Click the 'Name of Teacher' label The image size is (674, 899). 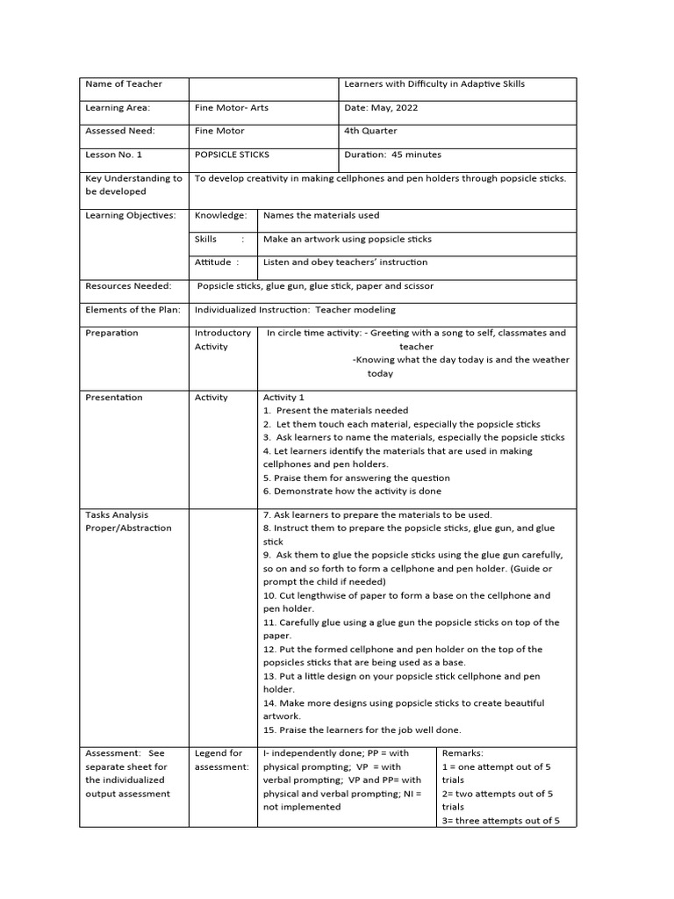coord(123,84)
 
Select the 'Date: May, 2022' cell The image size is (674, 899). coord(381,108)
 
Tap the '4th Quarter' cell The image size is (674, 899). coord(369,131)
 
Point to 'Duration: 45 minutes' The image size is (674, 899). coord(392,155)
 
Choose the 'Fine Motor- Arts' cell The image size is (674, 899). coord(232,108)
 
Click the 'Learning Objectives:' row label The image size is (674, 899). coord(130,215)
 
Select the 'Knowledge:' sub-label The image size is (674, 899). coord(220,215)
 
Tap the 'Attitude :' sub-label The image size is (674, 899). coord(217,262)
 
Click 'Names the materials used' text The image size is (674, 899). coord(321,215)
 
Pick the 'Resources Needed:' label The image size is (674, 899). coord(128,285)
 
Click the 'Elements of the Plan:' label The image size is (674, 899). coord(133,309)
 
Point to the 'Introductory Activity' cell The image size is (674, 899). coord(222,340)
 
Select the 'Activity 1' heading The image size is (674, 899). coord(283,397)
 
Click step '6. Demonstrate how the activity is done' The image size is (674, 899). coord(352,491)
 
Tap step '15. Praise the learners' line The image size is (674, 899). coord(362,730)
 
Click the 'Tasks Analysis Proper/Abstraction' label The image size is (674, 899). coord(128,521)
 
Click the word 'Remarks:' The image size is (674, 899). coord(462,753)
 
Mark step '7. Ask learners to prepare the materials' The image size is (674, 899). coord(377,514)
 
